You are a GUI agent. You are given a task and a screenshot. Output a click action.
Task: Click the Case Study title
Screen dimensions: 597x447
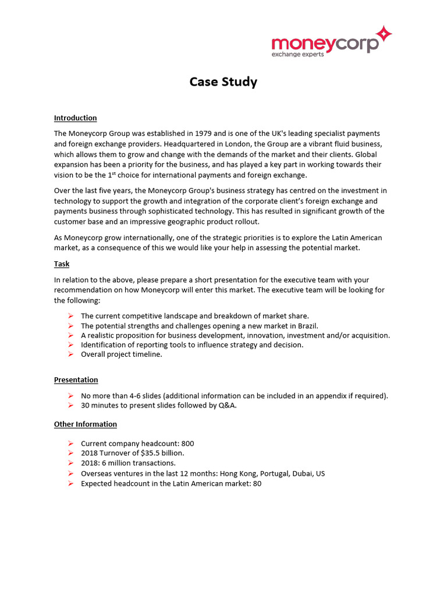coord(223,82)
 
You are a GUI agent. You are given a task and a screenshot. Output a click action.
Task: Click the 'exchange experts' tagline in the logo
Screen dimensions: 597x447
coord(298,54)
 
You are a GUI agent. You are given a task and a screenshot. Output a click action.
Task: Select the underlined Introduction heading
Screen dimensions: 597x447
coord(75,118)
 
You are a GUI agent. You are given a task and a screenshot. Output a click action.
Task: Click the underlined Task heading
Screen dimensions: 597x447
coord(62,264)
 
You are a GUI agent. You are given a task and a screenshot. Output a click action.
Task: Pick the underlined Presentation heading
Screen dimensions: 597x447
coord(76,380)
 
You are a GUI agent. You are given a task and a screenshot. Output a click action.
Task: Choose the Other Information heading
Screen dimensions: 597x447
coord(85,424)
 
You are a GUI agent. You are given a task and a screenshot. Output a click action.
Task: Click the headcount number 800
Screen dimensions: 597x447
coord(187,444)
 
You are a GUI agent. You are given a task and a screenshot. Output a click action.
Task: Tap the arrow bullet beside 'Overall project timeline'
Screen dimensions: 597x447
coord(70,354)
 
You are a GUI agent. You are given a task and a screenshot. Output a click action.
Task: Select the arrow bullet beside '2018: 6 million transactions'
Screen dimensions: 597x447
coord(70,463)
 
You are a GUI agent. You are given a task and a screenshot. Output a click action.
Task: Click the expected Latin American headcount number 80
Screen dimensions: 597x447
coord(257,483)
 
